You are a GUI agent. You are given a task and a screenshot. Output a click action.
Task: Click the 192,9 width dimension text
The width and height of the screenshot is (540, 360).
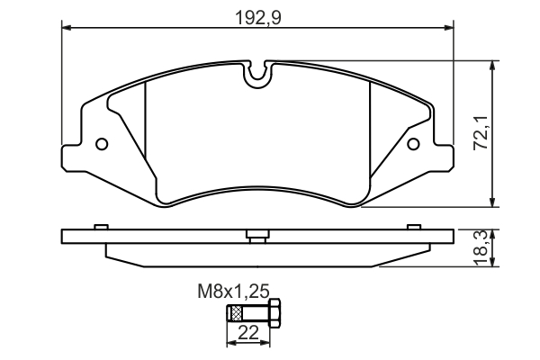pyautogui.click(x=257, y=16)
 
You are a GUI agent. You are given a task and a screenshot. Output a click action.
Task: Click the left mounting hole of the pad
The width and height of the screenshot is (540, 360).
pyautogui.click(x=102, y=143)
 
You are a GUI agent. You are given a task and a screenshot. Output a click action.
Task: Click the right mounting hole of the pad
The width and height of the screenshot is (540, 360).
pyautogui.click(x=414, y=143)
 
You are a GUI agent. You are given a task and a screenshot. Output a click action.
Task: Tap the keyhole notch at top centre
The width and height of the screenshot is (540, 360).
pyautogui.click(x=258, y=75)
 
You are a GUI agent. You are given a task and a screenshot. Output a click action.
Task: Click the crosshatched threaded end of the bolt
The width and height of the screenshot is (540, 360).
pyautogui.click(x=237, y=315)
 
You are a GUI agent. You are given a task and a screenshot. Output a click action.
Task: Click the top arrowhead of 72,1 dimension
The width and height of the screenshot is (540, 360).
pyautogui.click(x=493, y=63)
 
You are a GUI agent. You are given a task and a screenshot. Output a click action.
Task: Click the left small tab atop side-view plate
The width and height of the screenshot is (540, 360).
pyautogui.click(x=102, y=226)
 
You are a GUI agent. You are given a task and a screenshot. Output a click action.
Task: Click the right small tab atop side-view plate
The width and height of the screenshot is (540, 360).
pyautogui.click(x=413, y=226)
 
